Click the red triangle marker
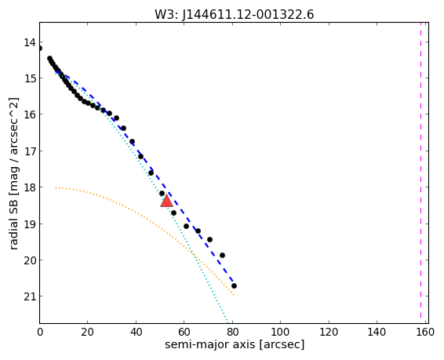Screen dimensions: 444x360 pyautogui.click(x=166, y=201)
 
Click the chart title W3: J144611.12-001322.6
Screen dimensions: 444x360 pyautogui.click(x=235, y=14)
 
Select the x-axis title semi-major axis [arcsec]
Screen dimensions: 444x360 pyautogui.click(x=235, y=344)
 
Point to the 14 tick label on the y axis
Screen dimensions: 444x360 pyautogui.click(x=30, y=42)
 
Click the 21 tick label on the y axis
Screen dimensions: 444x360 pyautogui.click(x=30, y=296)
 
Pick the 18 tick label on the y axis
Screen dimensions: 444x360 pyautogui.click(x=30, y=187)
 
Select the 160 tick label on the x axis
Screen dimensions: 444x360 pyautogui.click(x=424, y=332)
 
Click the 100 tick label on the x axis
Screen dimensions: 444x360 pyautogui.click(x=280, y=332)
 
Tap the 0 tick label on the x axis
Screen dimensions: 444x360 pyautogui.click(x=40, y=332)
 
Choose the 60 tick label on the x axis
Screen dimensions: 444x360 pyautogui.click(x=184, y=332)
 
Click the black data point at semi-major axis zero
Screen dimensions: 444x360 pyautogui.click(x=40, y=48)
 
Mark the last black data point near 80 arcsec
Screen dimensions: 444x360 pyautogui.click(x=234, y=285)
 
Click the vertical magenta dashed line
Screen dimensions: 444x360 pyautogui.click(x=420, y=173)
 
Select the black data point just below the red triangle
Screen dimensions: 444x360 pyautogui.click(x=173, y=213)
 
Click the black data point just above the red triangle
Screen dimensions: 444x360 pyautogui.click(x=162, y=193)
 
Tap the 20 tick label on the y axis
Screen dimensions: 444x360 pyautogui.click(x=30, y=260)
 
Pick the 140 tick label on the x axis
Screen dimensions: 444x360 pyautogui.click(x=377, y=332)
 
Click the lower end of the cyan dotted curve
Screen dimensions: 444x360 pyautogui.click(x=228, y=322)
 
